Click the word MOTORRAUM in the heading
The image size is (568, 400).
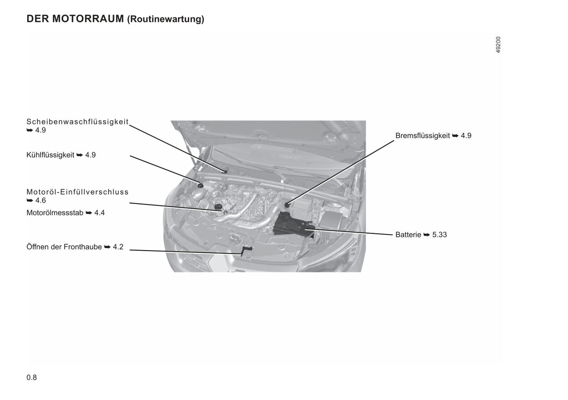88,19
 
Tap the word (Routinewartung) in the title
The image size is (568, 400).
165,20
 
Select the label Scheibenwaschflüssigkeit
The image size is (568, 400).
77,122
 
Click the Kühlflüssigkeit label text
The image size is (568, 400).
50,155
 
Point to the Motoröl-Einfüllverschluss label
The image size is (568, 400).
77,192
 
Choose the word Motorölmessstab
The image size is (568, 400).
55,213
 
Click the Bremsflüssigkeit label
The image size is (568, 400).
423,136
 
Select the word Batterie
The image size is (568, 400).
408,235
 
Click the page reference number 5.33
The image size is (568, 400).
439,235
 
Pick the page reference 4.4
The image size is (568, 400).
99,213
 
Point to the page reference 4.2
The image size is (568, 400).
118,247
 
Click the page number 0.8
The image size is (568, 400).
32,378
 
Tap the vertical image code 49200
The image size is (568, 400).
498,45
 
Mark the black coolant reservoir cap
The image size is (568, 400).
200,186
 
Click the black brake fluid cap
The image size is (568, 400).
287,205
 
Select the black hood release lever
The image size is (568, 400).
246,250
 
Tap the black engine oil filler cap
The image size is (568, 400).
218,206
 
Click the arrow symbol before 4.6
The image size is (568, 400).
29,201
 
